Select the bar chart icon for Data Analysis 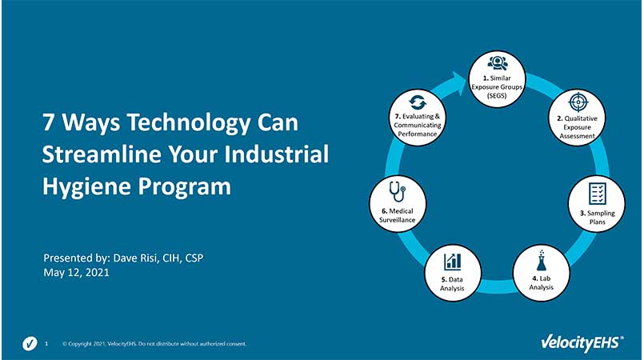pos(453,261)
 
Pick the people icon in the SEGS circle pos(495,64)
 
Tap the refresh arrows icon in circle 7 pos(416,102)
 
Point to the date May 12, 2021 pos(76,273)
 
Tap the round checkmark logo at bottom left pos(30,344)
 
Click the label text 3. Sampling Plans pos(598,218)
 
